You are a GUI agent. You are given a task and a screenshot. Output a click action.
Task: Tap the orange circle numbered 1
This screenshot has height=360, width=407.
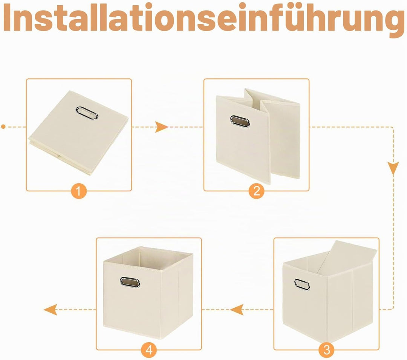pos(79,191)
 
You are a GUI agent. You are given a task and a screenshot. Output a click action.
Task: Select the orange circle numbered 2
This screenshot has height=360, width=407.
pos(257,191)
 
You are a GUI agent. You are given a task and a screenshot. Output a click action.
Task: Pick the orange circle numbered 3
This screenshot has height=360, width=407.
pos(326,350)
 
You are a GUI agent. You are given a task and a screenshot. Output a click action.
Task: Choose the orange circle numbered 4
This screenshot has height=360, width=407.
pos(149,350)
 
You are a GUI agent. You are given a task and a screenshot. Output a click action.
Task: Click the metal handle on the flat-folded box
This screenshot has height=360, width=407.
pos(87,113)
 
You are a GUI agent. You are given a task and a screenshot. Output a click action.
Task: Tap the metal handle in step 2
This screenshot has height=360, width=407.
pos(240,121)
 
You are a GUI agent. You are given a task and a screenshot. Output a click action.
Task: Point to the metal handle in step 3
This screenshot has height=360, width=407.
pos(302,285)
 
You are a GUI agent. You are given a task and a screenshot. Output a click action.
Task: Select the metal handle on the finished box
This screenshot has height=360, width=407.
pos(130,282)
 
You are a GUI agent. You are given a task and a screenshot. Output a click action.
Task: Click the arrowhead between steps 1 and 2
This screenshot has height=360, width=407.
pos(161,127)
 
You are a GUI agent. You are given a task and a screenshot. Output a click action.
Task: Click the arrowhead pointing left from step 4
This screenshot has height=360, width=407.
pos(50,310)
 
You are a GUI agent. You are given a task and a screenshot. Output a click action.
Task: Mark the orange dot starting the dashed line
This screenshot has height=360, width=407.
pos(3,127)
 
